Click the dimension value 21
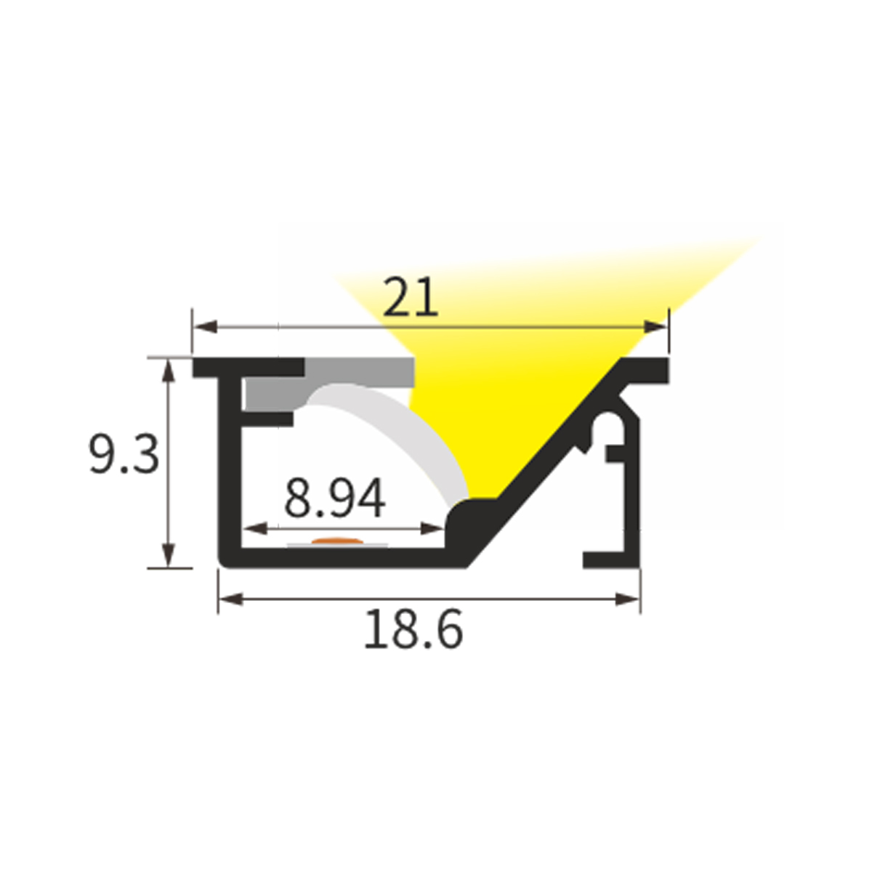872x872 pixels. pyautogui.click(x=411, y=298)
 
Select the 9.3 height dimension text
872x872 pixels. pyautogui.click(x=124, y=455)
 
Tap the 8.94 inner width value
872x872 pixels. pyautogui.click(x=334, y=498)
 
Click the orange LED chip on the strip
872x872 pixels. pyautogui.click(x=338, y=541)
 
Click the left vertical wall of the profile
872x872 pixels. pyautogui.click(x=230, y=472)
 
